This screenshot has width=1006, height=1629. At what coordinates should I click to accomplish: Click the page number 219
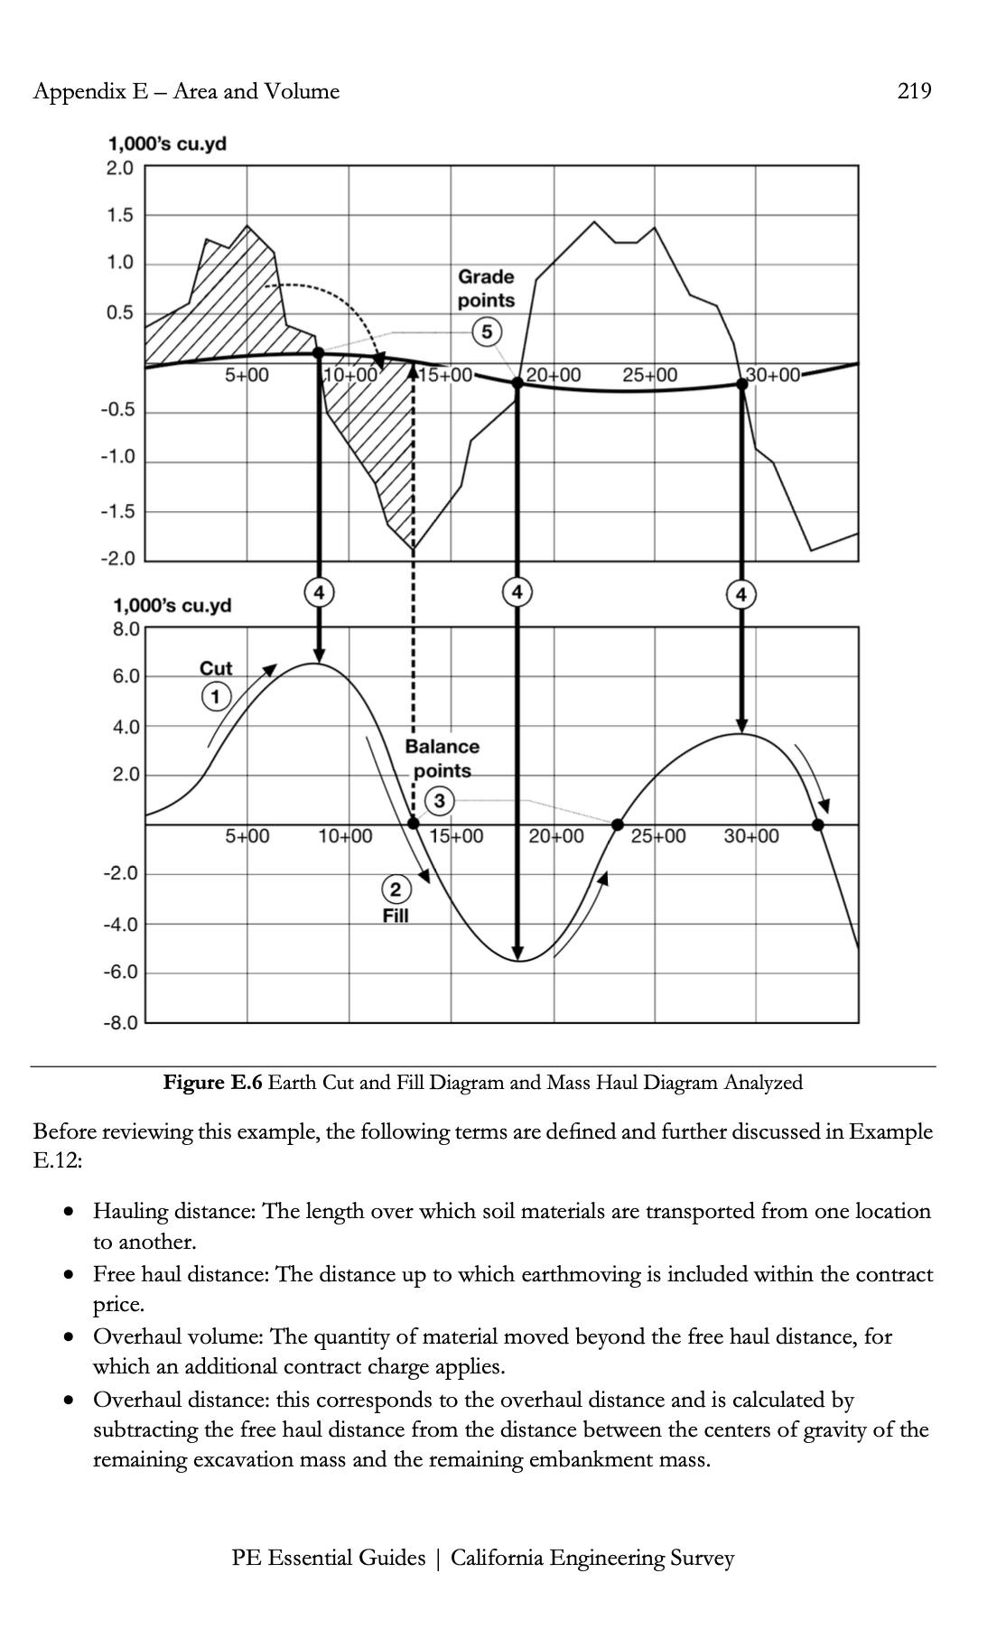click(x=914, y=91)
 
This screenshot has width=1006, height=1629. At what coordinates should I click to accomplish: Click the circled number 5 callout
click(x=487, y=331)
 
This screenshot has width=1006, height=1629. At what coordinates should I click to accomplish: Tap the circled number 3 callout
click(x=440, y=800)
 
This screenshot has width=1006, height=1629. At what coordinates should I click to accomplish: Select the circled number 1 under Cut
click(x=215, y=696)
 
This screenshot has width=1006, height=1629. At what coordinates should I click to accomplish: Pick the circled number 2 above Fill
click(x=396, y=889)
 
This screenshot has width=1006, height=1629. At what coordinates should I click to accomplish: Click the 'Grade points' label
click(x=486, y=288)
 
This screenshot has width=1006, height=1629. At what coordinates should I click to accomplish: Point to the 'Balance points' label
click(x=442, y=759)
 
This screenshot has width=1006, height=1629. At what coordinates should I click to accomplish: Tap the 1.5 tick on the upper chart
click(x=119, y=216)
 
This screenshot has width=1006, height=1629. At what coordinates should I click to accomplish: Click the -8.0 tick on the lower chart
click(x=119, y=1023)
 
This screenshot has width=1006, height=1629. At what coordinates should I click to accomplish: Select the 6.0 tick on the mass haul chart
click(x=125, y=676)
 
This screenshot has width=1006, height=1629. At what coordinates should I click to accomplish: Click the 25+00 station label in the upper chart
click(x=649, y=375)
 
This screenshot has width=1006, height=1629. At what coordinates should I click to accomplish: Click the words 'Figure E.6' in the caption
click(x=212, y=1082)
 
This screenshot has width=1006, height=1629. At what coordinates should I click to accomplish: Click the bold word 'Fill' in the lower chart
click(x=396, y=916)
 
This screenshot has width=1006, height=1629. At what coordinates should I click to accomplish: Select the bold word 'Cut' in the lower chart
click(x=216, y=668)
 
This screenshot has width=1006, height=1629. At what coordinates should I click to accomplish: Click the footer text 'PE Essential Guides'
click(x=328, y=1558)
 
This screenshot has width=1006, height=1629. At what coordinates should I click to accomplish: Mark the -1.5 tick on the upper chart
click(x=117, y=512)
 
